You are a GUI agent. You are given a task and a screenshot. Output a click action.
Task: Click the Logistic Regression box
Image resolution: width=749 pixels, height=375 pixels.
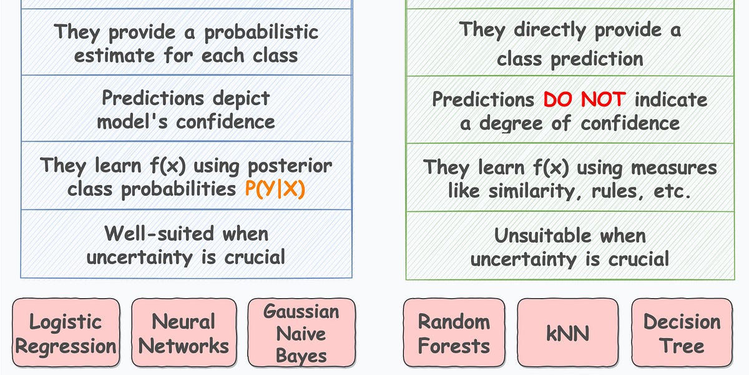tap(66, 333)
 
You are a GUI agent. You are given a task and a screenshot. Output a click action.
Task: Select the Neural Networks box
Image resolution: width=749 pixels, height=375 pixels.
tap(183, 333)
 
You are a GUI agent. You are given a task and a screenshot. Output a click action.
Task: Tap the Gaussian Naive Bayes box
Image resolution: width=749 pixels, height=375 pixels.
tap(301, 333)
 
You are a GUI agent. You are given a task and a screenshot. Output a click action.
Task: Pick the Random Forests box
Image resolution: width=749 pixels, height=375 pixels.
tap(454, 333)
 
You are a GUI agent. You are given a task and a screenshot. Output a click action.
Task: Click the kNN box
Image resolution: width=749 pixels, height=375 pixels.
tap(567, 333)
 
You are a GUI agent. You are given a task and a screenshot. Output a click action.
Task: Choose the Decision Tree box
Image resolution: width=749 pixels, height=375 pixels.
tap(682, 333)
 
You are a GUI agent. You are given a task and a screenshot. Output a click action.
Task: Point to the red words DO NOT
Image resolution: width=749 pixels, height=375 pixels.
tap(585, 99)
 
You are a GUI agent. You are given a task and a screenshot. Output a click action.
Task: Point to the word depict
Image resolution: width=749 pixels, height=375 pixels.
tap(240, 98)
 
